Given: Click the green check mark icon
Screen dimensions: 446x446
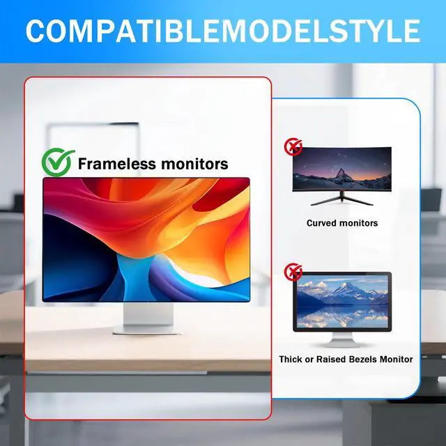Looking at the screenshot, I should (58, 163).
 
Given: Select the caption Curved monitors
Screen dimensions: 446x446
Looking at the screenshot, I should (342, 224).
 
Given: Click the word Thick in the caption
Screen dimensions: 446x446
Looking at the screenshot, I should (291, 360).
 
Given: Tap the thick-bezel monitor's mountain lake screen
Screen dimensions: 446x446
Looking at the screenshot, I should (341, 301).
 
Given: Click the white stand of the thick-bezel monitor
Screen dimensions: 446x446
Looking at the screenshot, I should (341, 339).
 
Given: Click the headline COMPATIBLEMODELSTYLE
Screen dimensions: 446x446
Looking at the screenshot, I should (223, 31).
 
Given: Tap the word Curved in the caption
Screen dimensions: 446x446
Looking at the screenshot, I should (323, 224).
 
